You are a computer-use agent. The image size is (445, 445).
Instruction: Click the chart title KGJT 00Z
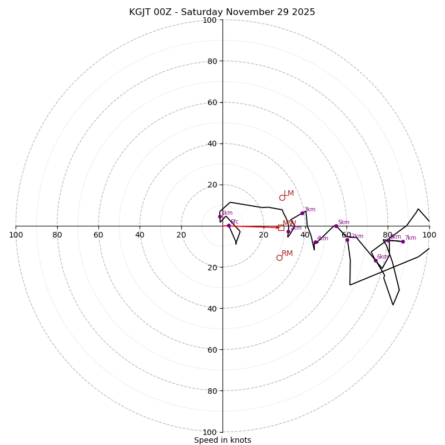click(222, 12)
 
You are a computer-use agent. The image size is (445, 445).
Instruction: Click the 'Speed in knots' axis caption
click(222, 441)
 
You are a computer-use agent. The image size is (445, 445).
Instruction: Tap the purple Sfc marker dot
click(229, 225)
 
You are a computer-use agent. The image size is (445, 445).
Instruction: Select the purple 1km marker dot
click(220, 216)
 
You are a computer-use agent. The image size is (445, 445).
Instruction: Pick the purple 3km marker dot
click(302, 213)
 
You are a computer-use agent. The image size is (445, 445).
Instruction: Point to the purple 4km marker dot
click(315, 242)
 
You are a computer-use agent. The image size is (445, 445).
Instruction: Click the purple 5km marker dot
click(336, 226)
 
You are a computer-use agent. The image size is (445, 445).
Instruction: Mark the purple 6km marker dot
click(375, 260)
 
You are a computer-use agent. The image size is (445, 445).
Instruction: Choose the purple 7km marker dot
click(403, 241)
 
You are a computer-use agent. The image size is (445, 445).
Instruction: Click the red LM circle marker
click(282, 197)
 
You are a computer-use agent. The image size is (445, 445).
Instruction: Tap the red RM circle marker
click(279, 258)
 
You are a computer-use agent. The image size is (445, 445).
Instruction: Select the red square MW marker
click(281, 228)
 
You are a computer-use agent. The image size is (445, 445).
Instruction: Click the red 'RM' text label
click(287, 254)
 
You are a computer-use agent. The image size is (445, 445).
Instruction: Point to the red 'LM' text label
click(289, 194)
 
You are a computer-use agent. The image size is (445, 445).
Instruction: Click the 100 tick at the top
click(210, 20)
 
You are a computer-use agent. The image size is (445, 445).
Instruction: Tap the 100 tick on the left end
click(16, 235)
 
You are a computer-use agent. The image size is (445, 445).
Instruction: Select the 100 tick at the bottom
click(210, 432)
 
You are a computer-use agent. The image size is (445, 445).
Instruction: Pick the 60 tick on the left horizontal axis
click(98, 235)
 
